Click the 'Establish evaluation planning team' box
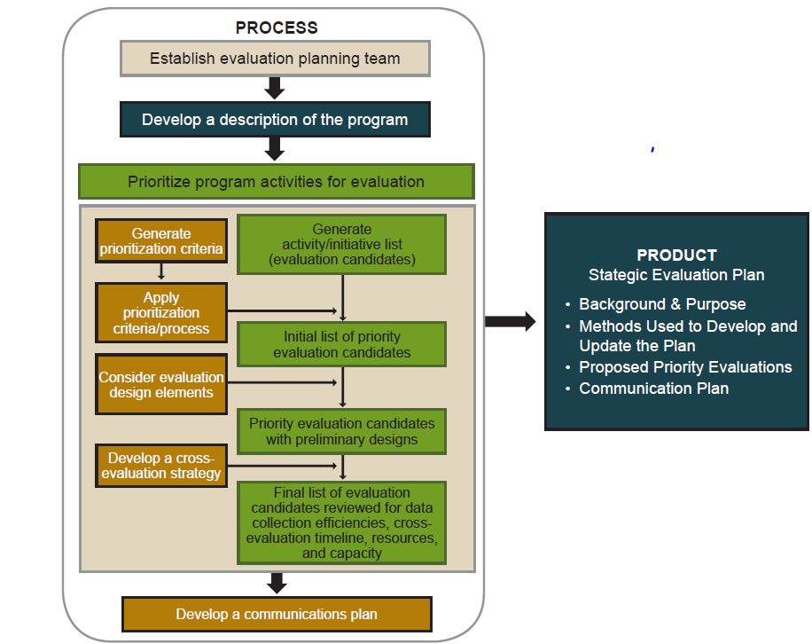[x=275, y=59]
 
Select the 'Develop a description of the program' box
[x=275, y=120]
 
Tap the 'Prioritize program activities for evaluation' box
[x=276, y=182]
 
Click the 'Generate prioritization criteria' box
[x=161, y=241]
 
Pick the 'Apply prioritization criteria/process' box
[x=161, y=313]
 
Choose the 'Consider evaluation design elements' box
[x=161, y=384]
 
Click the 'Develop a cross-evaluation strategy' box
[x=161, y=466]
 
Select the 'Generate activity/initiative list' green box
[x=341, y=245]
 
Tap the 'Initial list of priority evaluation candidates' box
[x=341, y=344]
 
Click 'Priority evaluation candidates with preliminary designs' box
[x=341, y=431]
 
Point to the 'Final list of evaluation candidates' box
[x=341, y=522]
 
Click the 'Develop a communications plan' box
[x=277, y=614]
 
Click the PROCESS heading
[x=277, y=27]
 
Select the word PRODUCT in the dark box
[x=676, y=255]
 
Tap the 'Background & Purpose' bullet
[x=662, y=304]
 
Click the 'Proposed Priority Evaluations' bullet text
[x=685, y=367]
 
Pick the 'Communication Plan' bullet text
[x=653, y=389]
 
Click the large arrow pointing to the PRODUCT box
[x=511, y=321]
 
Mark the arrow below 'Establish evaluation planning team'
[x=275, y=88]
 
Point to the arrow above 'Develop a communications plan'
[x=277, y=583]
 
